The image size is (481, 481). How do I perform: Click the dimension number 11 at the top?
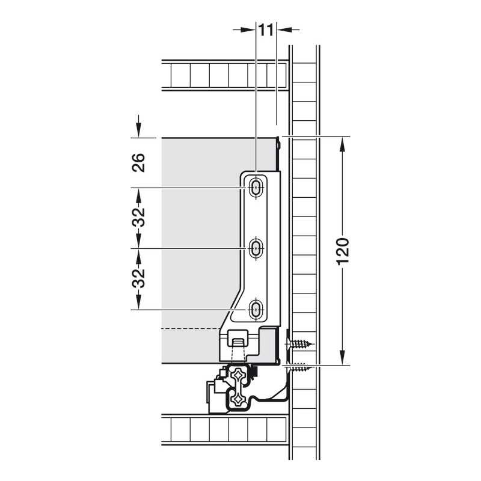coord(266,31)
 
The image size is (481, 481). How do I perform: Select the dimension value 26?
coord(138,162)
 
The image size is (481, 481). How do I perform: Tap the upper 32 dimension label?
coord(138,217)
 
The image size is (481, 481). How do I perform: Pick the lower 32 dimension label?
coord(138,278)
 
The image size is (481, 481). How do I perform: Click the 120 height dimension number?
coord(343,251)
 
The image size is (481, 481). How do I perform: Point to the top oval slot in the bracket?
coord(256,187)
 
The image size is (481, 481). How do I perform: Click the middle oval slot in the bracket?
coord(256,248)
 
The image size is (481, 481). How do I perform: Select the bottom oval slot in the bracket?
coord(256,309)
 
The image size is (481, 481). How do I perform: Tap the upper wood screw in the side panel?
coord(299,343)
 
